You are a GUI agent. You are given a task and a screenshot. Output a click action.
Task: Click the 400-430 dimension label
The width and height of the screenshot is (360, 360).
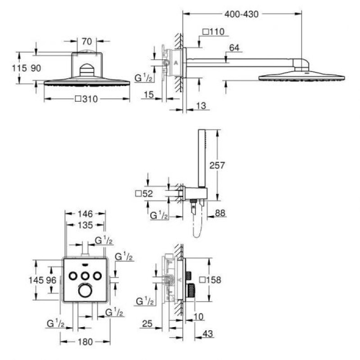pyautogui.click(x=242, y=14)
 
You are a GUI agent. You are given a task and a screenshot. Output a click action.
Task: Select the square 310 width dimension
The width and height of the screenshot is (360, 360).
pyautogui.click(x=86, y=99)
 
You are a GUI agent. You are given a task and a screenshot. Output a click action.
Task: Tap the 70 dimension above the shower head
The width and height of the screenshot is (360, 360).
pyautogui.click(x=87, y=41)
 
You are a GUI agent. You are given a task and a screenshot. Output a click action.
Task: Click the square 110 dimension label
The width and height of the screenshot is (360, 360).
pyautogui.click(x=213, y=31)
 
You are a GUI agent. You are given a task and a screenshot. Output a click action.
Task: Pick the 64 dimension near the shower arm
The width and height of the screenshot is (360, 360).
pyautogui.click(x=234, y=48)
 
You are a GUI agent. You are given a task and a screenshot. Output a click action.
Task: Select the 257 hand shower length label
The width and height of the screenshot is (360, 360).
pyautogui.click(x=217, y=165)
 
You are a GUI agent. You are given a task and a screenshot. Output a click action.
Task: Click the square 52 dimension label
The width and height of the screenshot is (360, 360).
pyautogui.click(x=144, y=194)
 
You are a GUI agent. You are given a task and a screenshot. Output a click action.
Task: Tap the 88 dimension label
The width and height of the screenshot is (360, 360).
pyautogui.click(x=220, y=213)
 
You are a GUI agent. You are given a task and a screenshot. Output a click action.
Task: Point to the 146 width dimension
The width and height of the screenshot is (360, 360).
pyautogui.click(x=85, y=214)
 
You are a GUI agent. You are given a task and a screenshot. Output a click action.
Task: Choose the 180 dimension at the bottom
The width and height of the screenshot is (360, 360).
pyautogui.click(x=85, y=342)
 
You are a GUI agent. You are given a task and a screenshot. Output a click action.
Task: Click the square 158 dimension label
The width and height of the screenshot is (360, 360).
pyautogui.click(x=210, y=280)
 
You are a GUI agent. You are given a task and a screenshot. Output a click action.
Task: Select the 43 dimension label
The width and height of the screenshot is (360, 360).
pyautogui.click(x=208, y=333)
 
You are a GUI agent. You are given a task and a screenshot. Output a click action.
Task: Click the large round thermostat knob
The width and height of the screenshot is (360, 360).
pyautogui.click(x=85, y=290)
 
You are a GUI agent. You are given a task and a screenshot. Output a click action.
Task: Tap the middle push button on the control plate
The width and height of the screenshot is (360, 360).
pyautogui.click(x=85, y=275)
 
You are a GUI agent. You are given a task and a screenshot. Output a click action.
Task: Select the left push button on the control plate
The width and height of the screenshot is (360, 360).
pyautogui.click(x=73, y=275)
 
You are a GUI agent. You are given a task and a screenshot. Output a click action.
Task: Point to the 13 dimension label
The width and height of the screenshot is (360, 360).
pyautogui.click(x=201, y=106)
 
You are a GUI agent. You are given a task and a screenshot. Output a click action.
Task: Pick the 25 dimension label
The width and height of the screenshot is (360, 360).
pyautogui.click(x=147, y=324)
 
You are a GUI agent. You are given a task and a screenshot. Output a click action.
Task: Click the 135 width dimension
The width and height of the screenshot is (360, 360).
pyautogui.click(x=85, y=225)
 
